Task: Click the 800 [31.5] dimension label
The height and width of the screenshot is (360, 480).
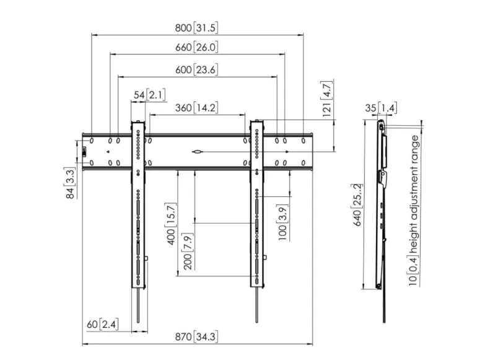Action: [196, 28]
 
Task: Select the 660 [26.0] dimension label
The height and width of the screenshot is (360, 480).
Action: [196, 47]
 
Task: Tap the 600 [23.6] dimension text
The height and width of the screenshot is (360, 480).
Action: [196, 70]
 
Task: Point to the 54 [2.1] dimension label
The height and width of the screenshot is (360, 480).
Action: [150, 95]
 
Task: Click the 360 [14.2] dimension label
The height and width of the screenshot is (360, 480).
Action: [196, 108]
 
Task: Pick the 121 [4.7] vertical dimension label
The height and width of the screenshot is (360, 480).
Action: [327, 99]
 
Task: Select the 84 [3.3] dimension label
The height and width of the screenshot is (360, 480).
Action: [70, 183]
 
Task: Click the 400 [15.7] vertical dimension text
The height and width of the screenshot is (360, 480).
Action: [171, 224]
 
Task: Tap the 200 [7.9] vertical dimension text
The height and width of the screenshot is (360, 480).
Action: [188, 251]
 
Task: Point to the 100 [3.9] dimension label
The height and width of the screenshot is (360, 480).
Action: [282, 222]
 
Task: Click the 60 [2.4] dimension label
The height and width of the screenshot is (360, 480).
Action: [102, 324]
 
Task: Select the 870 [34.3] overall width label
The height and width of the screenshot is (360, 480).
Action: [196, 336]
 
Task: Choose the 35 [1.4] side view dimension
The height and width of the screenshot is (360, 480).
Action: [381, 108]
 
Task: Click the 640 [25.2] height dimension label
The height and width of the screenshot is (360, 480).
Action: [357, 204]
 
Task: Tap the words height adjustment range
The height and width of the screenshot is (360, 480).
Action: [414, 194]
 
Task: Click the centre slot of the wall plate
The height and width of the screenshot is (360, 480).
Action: [198, 152]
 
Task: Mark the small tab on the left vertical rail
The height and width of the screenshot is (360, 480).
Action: [146, 258]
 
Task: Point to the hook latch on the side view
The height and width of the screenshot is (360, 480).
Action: [383, 178]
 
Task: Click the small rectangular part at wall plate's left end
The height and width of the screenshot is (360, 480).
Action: [84, 152]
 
